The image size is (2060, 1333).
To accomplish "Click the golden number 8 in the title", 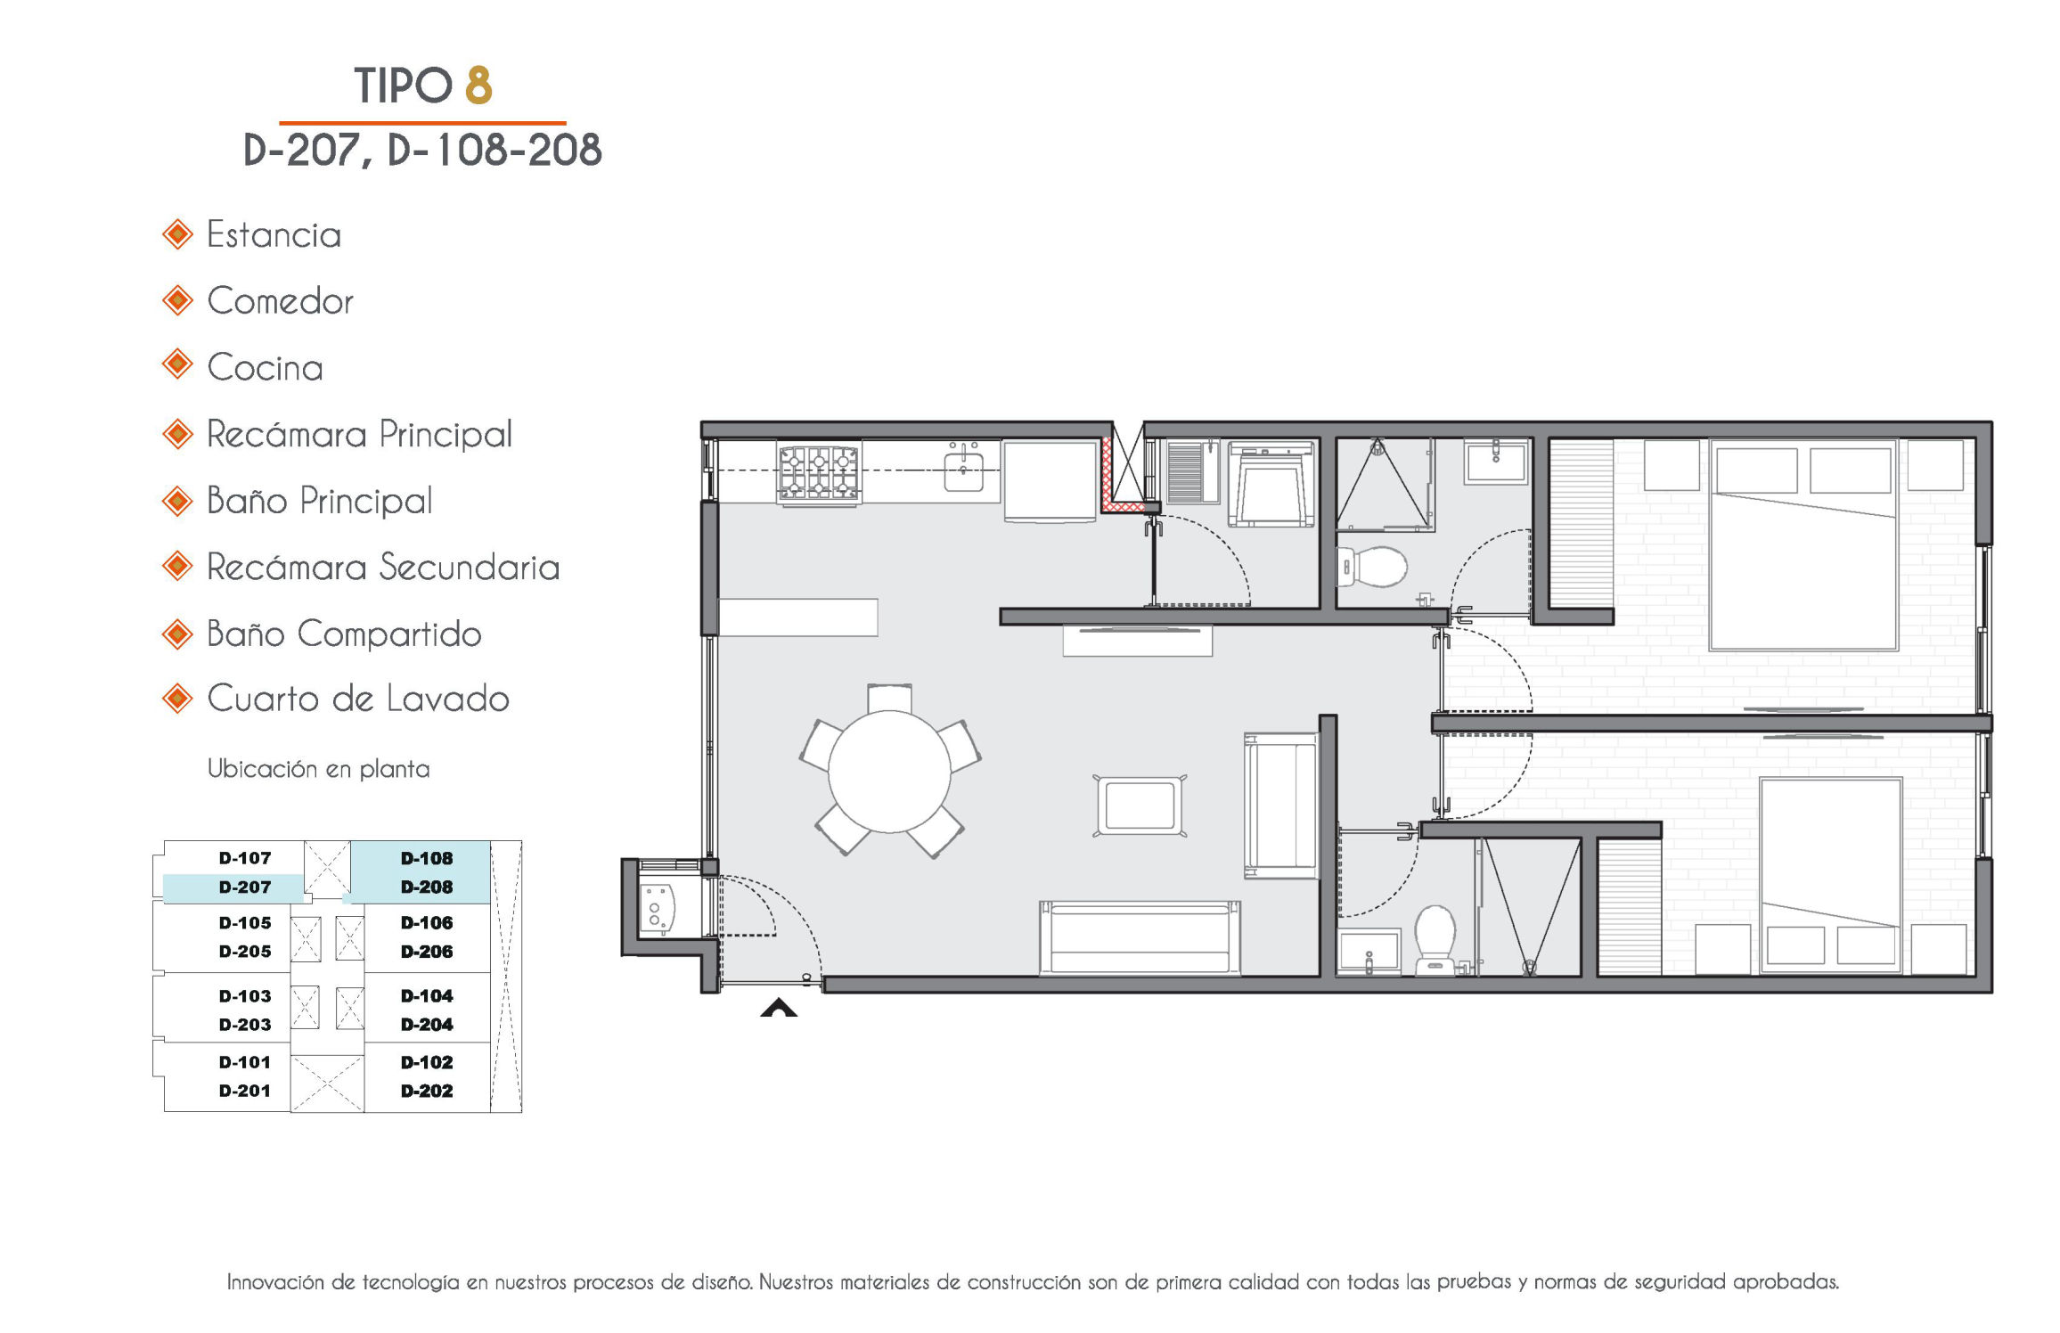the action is click(x=478, y=85).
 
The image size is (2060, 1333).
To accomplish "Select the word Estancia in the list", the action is click(x=274, y=235).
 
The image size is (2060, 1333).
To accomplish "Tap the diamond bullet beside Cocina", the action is click(x=177, y=364).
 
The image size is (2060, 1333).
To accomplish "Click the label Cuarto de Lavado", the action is click(x=357, y=699).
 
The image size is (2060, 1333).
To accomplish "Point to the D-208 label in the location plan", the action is click(x=427, y=887).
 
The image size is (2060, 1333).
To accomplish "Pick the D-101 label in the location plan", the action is click(x=245, y=1061).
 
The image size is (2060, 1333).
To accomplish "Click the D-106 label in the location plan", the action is click(x=427, y=922).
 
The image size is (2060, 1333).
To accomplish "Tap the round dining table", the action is click(x=889, y=772).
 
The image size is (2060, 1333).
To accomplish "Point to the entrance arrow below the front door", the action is click(x=779, y=1008).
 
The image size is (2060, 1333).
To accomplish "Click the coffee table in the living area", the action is click(x=1140, y=806).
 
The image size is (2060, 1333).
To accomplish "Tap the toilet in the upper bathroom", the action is click(x=1372, y=566).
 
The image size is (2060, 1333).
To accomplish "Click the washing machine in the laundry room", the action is click(x=1271, y=485).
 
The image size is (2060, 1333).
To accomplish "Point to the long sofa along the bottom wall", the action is click(x=1140, y=937).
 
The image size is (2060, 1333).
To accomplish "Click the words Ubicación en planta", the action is click(x=318, y=769).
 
